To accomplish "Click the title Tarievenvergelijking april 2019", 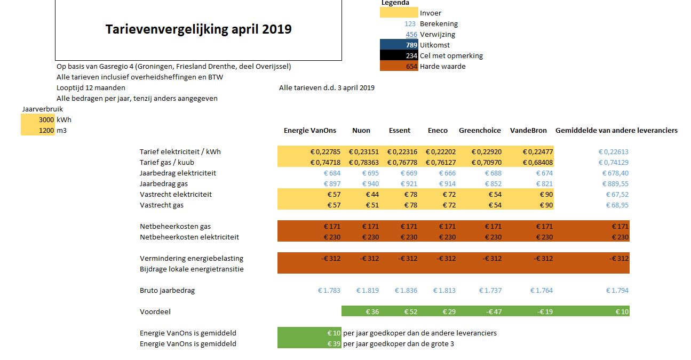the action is click(198, 29).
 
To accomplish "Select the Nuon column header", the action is click(361, 130).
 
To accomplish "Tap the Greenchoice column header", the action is click(480, 130).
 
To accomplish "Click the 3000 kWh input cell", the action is click(38, 119).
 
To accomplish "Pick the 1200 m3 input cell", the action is click(38, 130).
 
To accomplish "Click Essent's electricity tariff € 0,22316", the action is click(402, 151).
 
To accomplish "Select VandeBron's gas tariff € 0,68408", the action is click(538, 163).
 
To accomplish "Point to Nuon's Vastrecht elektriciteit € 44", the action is click(372, 195).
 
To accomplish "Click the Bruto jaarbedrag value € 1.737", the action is click(490, 290).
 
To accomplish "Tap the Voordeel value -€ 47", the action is click(494, 311).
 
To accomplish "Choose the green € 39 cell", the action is click(309, 343).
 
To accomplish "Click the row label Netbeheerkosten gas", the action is click(175, 227).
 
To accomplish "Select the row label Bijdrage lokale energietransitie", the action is click(192, 269).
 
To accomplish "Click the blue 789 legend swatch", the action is click(399, 45).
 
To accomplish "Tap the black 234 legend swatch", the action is click(399, 56).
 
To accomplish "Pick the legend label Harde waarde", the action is click(443, 66).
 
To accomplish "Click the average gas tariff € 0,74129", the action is click(613, 163).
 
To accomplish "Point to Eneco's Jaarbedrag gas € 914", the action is click(447, 183).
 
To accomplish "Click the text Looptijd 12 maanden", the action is click(91, 88).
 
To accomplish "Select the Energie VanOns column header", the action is click(309, 130).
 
